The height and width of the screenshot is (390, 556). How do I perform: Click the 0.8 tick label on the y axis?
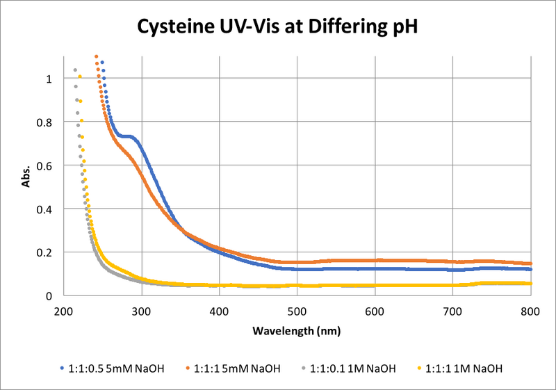(x=44, y=122)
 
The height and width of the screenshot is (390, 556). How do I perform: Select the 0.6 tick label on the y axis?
(x=44, y=165)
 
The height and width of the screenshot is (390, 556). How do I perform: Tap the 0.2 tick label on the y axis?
(x=44, y=252)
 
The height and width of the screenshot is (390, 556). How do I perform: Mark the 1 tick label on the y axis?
(x=49, y=79)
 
